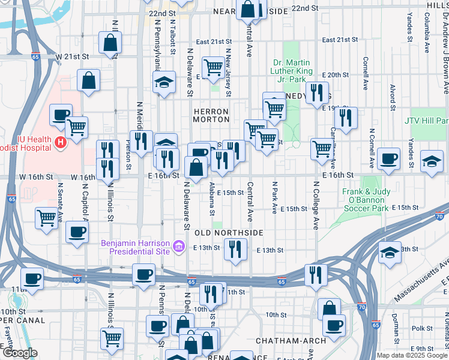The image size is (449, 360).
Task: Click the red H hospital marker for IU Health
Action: click(60, 142)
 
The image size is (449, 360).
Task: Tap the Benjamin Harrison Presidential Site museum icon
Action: click(178, 247)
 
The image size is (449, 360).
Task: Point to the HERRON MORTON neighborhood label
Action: click(211, 115)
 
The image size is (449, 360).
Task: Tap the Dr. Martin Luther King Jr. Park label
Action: click(291, 70)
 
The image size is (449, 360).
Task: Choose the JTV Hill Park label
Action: click(426, 121)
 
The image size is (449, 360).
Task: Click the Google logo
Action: click(19, 353)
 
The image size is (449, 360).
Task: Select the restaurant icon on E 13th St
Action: click(235, 248)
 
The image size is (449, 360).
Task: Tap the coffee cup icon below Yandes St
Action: click(389, 159)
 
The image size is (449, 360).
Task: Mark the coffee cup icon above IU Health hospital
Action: click(60, 115)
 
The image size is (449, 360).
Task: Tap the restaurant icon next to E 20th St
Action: click(317, 92)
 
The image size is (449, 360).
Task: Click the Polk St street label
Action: click(422, 328)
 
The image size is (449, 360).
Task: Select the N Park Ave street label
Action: click(275, 197)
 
